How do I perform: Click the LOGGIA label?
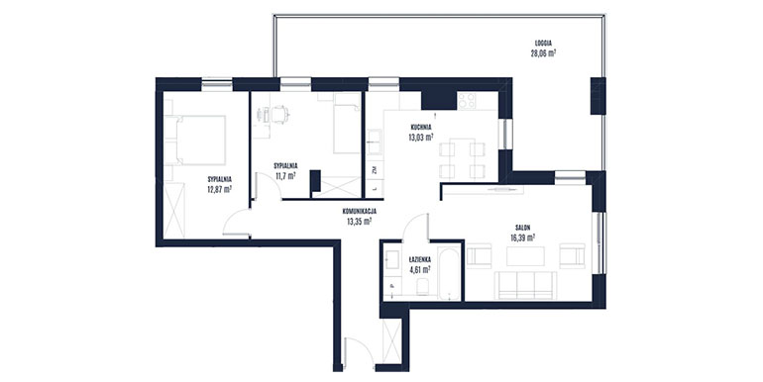tap(543, 43)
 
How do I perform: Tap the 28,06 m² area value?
tap(543, 53)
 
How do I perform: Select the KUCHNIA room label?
tap(421, 128)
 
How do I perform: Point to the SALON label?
tap(523, 227)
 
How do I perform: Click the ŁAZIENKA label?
tap(419, 258)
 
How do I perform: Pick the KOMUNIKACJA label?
tap(359, 212)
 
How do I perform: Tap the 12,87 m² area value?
tap(219, 189)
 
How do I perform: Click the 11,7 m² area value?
tap(285, 175)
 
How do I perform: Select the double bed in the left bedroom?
tap(194, 141)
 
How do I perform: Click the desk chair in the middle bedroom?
tap(279, 115)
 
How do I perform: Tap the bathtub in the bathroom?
tap(449, 273)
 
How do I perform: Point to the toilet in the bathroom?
tap(423, 288)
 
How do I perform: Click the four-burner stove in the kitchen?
tap(467, 101)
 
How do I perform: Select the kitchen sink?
tap(375, 141)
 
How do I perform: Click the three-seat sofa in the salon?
tap(525, 285)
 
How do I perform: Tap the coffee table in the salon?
tap(525, 256)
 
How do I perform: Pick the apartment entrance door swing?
tap(358, 352)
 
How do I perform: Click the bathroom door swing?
tap(415, 227)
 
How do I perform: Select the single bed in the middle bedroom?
tap(347, 124)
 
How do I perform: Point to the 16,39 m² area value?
tap(523, 238)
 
